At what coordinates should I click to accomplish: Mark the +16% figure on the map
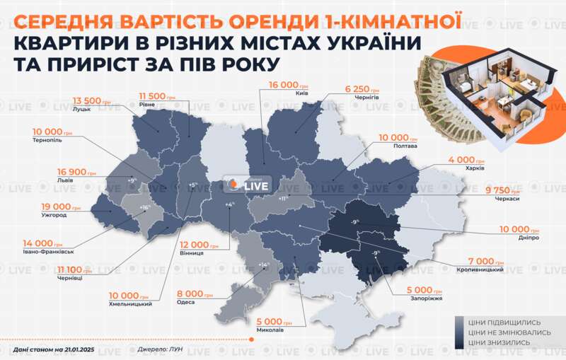pos(144,207)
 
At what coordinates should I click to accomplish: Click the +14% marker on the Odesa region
pos(265,265)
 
